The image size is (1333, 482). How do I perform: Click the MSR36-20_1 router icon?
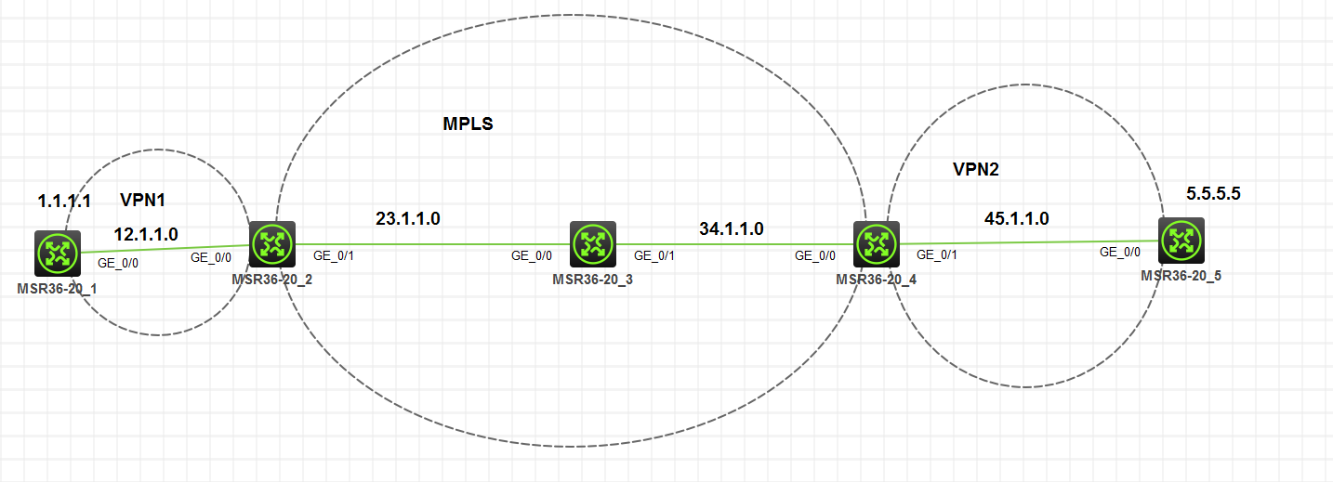coord(58,253)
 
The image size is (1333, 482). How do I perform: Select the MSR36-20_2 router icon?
coord(272,244)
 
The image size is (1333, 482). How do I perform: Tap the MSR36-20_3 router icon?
coord(593,244)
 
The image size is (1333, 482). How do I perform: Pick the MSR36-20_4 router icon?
coord(876,243)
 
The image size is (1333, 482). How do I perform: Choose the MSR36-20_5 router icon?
coord(1181,241)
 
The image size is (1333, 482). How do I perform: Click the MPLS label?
coord(468,124)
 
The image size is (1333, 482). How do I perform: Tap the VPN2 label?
coord(975,169)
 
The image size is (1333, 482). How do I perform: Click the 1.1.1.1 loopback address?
coord(64,201)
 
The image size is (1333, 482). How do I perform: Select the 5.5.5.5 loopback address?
coord(1214,194)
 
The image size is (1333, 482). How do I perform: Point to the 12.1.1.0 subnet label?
coord(146,233)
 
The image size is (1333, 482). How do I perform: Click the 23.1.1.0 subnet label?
coord(407,219)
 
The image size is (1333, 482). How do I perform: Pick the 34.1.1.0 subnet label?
coord(732,228)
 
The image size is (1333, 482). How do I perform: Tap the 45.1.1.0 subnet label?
coord(1017,219)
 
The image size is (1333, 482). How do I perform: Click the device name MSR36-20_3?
coord(592,279)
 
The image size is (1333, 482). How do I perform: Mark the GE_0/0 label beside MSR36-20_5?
coord(1120,252)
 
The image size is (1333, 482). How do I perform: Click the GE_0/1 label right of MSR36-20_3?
coord(654,254)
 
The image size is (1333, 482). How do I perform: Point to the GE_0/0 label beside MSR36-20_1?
coord(118,263)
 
